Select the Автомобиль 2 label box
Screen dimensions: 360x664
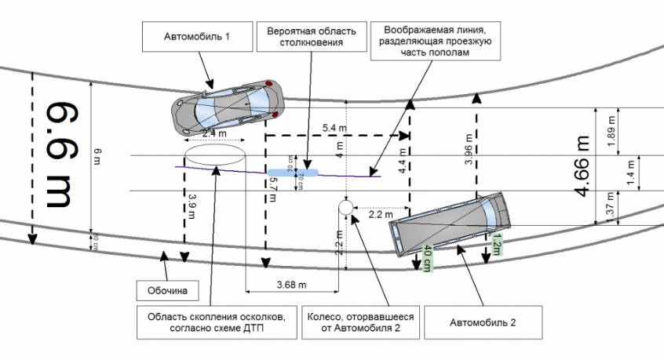click(x=483, y=322)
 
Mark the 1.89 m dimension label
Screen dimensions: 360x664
click(x=611, y=133)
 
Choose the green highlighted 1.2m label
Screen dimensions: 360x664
click(x=495, y=245)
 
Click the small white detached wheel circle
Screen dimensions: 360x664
click(x=345, y=207)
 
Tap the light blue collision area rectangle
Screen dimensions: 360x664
click(x=294, y=171)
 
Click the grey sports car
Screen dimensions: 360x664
click(x=227, y=107)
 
